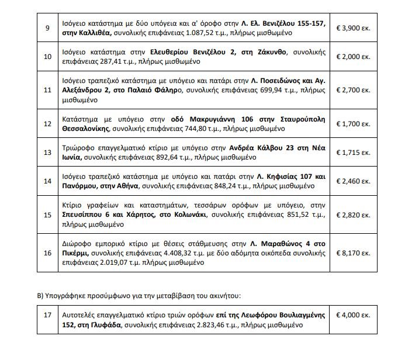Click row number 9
[x=49, y=27]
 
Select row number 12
[x=49, y=123]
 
